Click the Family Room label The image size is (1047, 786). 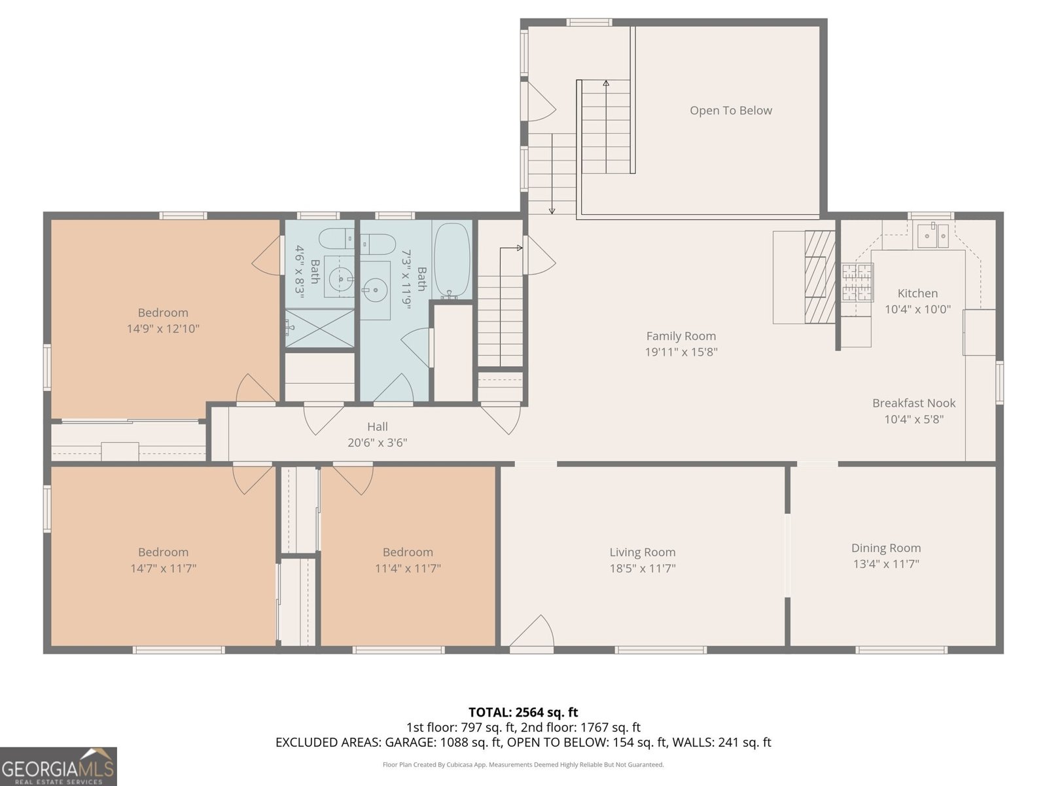[x=681, y=336]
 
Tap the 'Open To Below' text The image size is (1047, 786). [x=730, y=111]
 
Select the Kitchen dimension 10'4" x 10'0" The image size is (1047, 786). [x=917, y=309]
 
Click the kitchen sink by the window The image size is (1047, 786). [x=932, y=235]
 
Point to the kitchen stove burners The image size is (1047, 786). [x=857, y=282]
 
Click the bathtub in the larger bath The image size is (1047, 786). [x=452, y=261]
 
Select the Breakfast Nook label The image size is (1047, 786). [x=914, y=403]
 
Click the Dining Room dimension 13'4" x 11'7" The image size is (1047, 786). [x=886, y=564]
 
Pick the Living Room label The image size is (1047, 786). [x=642, y=552]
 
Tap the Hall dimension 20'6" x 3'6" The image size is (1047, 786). [x=377, y=443]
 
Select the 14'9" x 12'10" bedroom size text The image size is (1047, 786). [x=163, y=329]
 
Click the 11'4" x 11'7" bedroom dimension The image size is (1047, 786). [x=408, y=569]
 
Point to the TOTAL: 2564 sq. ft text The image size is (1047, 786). [x=523, y=712]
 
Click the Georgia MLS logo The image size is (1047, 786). [x=58, y=766]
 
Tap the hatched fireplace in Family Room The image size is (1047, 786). [x=820, y=277]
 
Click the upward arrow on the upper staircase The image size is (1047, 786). [x=606, y=84]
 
